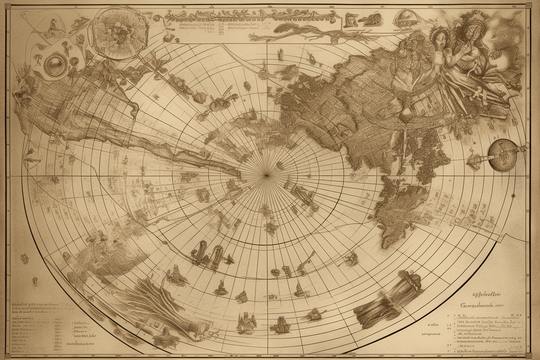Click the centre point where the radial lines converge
pos(266,175)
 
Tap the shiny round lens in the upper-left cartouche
pos(55,65)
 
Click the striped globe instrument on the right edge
pos(501,154)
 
